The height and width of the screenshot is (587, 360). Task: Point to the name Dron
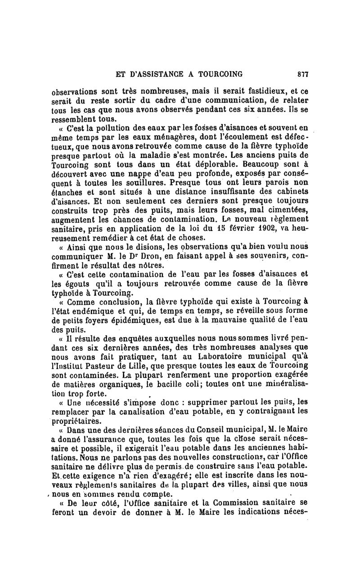tap(141, 257)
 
